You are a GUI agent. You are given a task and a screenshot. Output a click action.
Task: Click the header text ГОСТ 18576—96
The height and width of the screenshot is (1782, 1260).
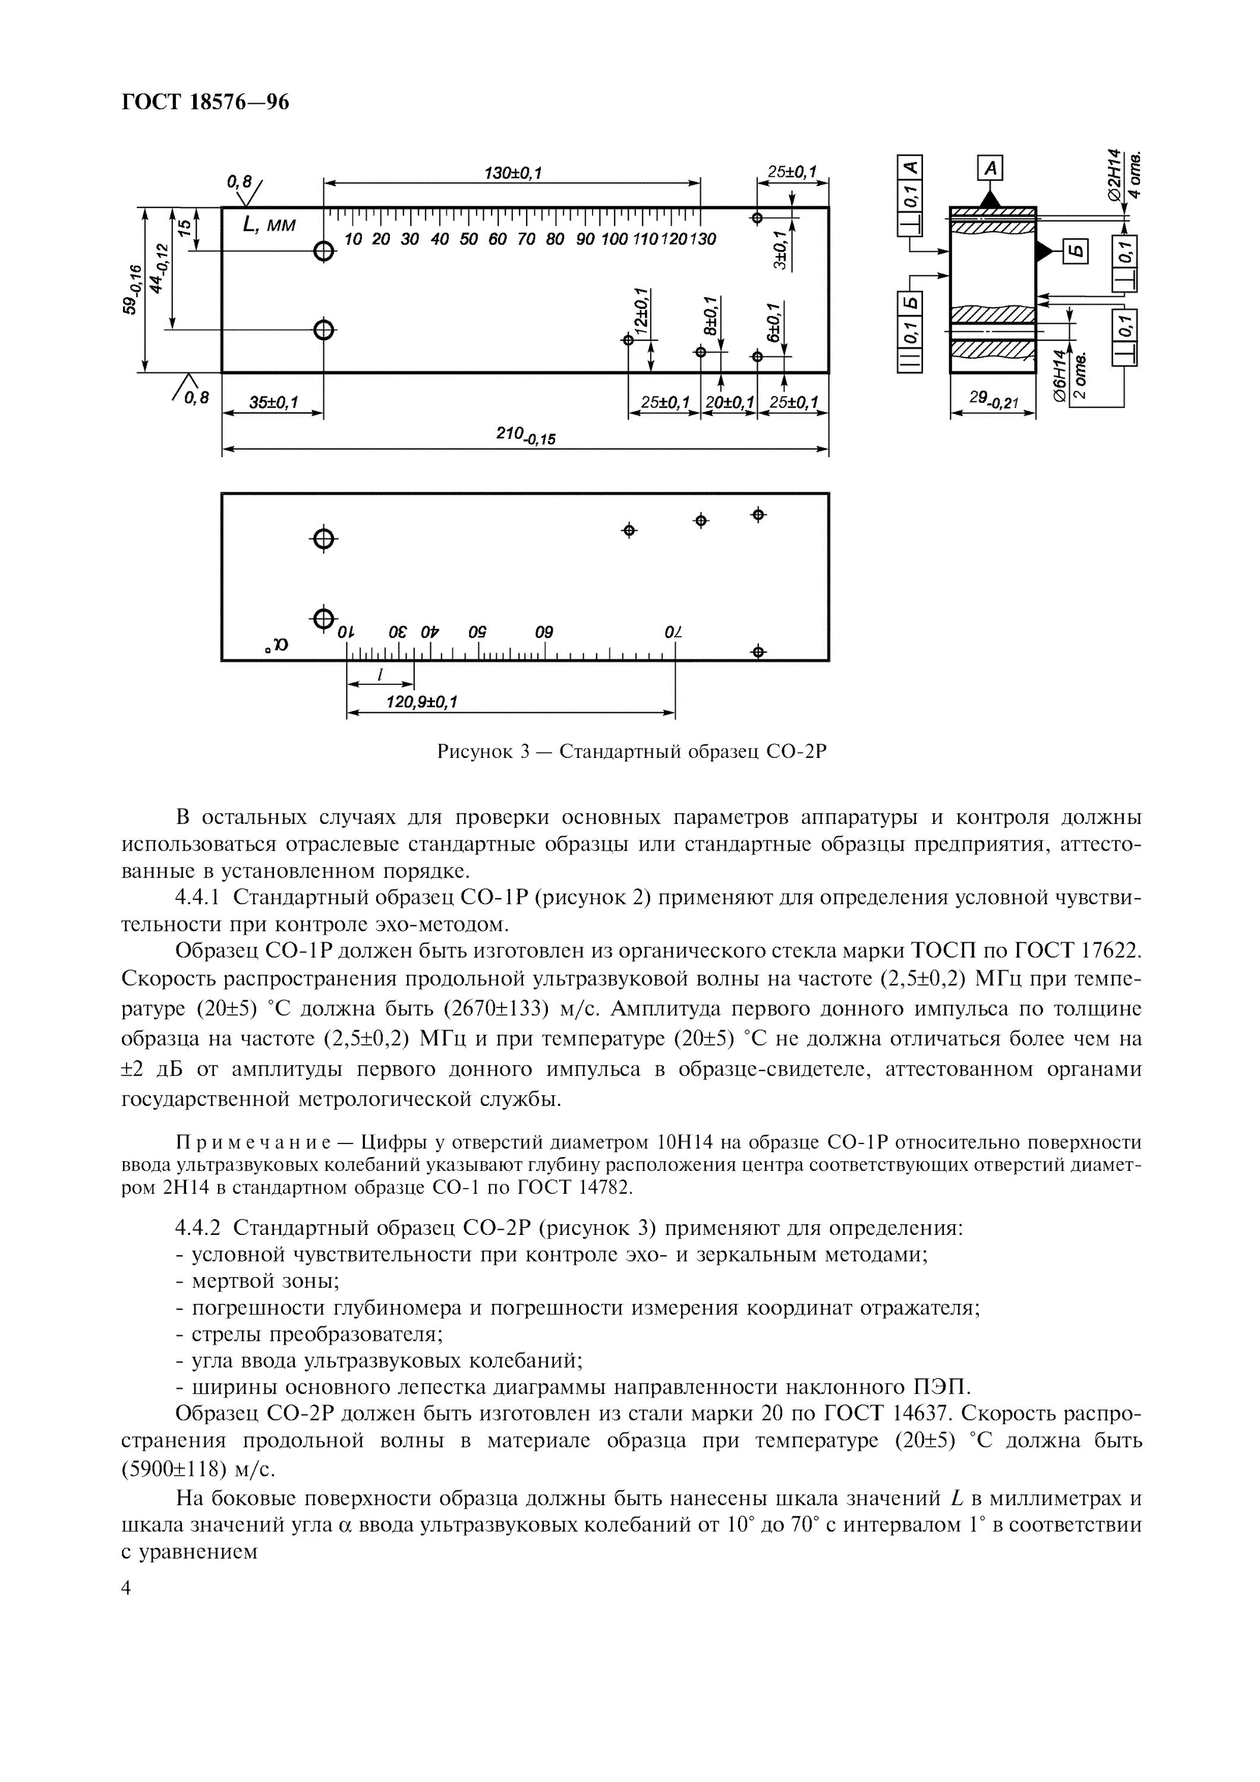click(x=205, y=102)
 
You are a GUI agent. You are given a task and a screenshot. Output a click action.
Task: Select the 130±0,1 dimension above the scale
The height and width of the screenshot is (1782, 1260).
click(x=512, y=172)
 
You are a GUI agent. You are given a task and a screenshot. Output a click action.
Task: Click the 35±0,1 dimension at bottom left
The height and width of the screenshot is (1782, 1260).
click(x=273, y=403)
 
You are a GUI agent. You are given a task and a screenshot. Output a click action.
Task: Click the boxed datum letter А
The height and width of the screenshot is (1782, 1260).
click(x=990, y=168)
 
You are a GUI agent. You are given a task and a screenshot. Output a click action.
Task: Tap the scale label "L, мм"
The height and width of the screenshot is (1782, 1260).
click(x=269, y=226)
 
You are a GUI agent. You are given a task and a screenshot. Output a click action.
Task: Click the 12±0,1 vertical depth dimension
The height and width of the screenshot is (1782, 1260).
click(x=641, y=309)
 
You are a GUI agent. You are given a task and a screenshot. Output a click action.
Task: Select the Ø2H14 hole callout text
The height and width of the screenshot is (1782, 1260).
click(x=1116, y=175)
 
